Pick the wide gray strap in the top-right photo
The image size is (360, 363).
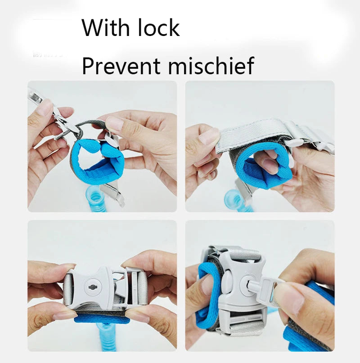[x=252, y=130]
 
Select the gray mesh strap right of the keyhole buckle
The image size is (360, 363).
[x=141, y=288]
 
